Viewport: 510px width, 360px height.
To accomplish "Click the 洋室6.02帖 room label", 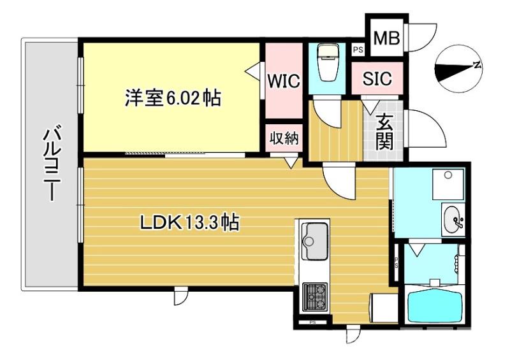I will coord(172,98).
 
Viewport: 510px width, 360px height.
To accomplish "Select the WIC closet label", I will coord(283,81).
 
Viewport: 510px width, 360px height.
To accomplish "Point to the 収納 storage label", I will coord(283,139).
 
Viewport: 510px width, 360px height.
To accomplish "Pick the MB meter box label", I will coord(386,39).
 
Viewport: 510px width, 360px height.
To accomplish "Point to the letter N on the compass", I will coord(476,64).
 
